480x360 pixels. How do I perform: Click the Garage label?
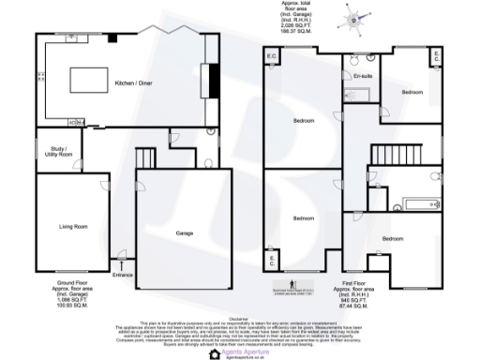tap(186, 232)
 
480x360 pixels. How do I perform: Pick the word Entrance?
tap(124, 275)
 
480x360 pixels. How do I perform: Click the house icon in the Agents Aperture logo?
tap(213, 353)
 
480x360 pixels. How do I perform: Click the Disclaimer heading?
tap(240, 314)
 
